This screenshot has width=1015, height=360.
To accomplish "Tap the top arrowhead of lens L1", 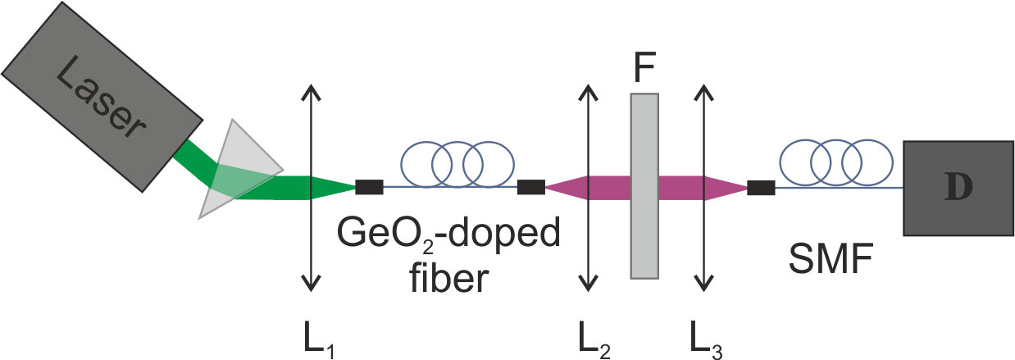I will click(309, 89).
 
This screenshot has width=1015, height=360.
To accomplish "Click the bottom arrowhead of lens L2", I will click(587, 285).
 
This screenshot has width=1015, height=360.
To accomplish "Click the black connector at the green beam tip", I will click(369, 188).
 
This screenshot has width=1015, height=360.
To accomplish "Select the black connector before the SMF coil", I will click(762, 188).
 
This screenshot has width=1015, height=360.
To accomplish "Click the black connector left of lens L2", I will click(531, 188).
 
